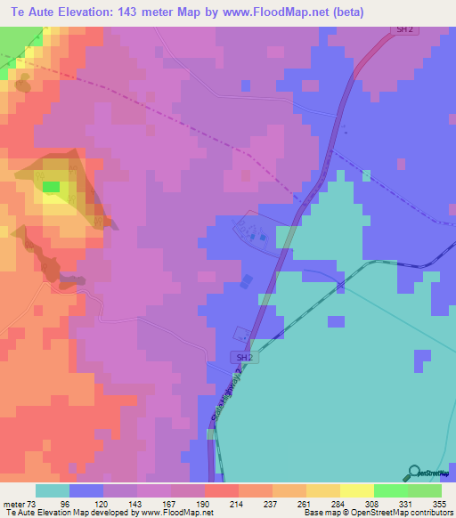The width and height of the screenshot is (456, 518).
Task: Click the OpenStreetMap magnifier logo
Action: tap(413, 473)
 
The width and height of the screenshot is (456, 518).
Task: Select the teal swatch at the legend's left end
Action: tap(52, 490)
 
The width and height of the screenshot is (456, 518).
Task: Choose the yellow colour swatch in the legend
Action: tap(356, 490)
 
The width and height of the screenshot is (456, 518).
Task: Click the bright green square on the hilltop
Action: tap(52, 187)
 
